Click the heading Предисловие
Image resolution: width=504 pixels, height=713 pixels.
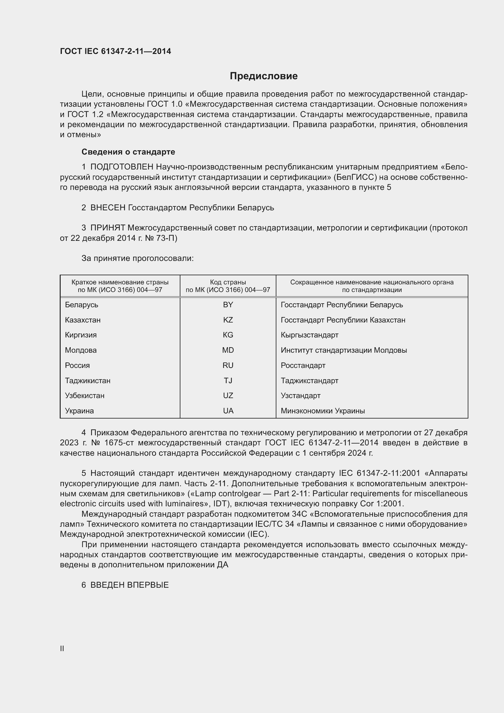(264, 76)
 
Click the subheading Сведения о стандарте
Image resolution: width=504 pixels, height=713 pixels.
(128, 152)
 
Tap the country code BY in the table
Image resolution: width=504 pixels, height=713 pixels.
(228, 305)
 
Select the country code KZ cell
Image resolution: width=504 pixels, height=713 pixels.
(228, 320)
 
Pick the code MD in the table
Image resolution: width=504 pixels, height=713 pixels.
(228, 350)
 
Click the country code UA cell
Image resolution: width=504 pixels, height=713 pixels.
(228, 411)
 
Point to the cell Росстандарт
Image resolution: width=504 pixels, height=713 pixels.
(303, 365)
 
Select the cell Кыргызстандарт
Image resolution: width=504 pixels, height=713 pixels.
(309, 335)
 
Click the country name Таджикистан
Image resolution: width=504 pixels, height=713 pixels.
(87, 380)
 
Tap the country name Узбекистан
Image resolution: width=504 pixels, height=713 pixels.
(84, 395)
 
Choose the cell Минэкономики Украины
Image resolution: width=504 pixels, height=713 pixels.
(323, 411)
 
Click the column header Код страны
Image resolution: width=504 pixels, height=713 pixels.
(228, 282)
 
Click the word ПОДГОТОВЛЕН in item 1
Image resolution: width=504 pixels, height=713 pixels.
(122, 167)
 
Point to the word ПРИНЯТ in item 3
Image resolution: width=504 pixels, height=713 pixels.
(108, 228)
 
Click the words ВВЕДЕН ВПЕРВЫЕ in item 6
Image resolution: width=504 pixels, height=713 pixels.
(130, 585)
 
